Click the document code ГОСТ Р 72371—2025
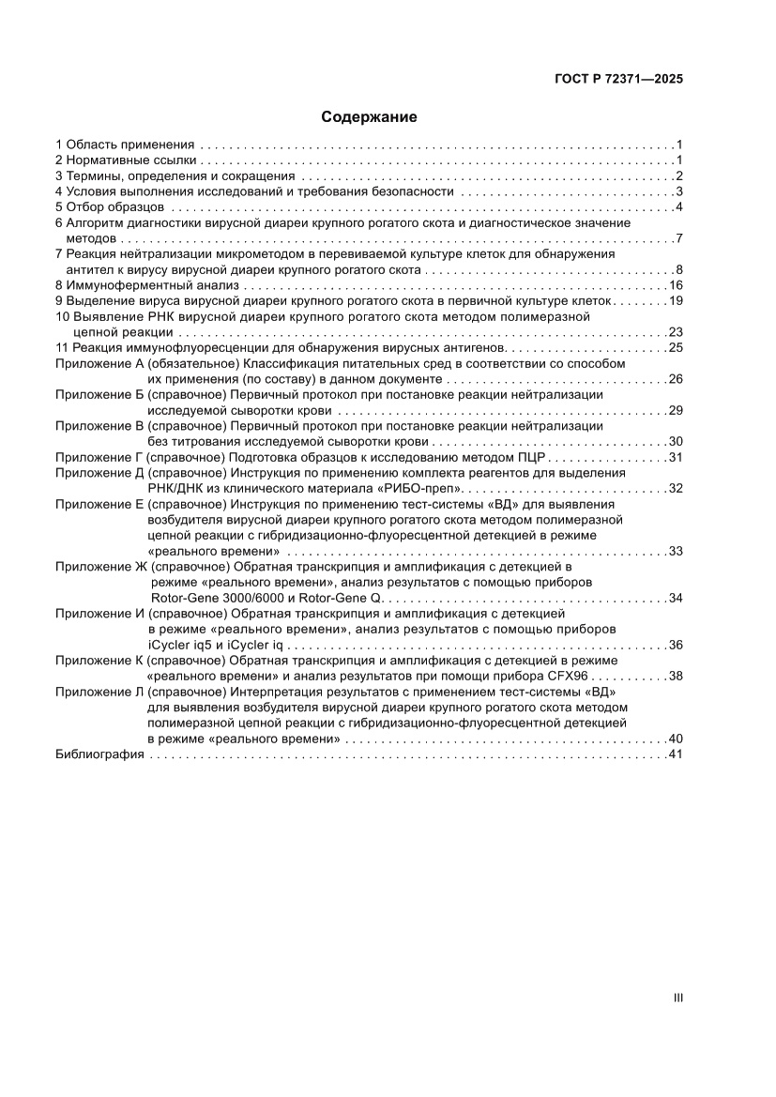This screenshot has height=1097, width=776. point(616,80)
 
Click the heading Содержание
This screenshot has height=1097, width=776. point(369,117)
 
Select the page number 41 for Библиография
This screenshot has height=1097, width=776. point(675,755)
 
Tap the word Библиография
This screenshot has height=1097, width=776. point(99,755)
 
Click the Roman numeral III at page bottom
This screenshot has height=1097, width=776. point(677,998)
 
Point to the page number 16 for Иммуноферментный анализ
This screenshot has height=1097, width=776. point(675,285)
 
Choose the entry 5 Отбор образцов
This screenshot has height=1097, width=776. point(111,207)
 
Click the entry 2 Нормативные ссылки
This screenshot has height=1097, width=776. point(126,160)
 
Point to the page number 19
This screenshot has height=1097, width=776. point(675,301)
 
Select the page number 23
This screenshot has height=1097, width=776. point(675,332)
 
